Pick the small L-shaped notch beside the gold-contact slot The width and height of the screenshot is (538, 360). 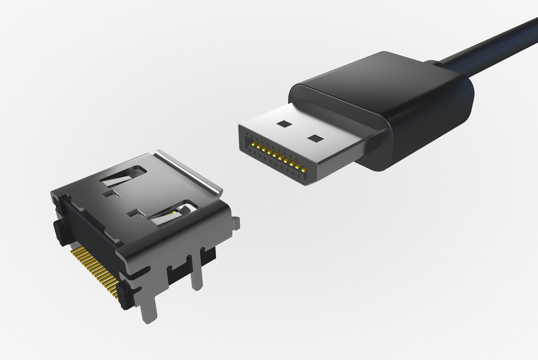135,212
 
